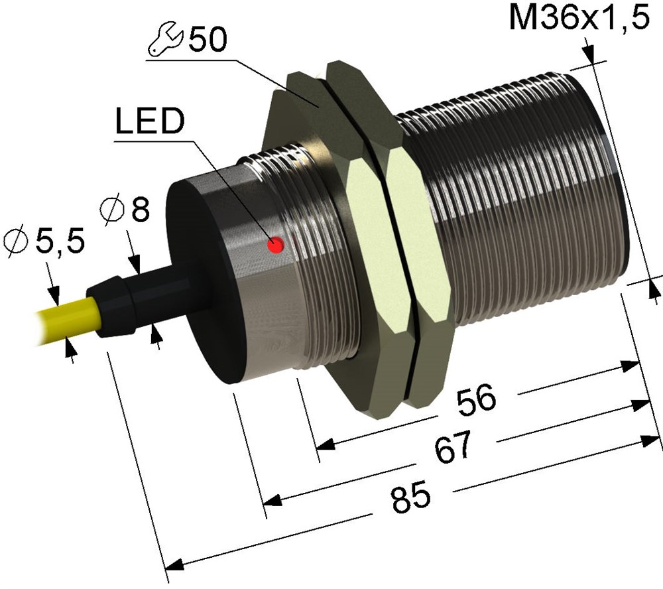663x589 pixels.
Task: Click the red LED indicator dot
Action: pyautogui.click(x=275, y=245)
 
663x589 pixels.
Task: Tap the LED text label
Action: pyautogui.click(x=150, y=121)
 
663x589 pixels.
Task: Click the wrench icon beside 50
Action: pyautogui.click(x=165, y=40)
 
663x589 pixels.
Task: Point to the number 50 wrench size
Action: pyautogui.click(x=207, y=39)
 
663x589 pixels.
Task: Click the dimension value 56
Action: pyautogui.click(x=475, y=399)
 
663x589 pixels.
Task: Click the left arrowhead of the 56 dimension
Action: pyautogui.click(x=326, y=444)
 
